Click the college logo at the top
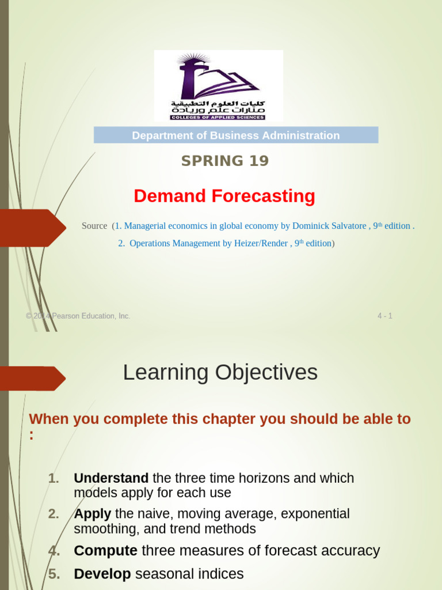218,85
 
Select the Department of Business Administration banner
236,135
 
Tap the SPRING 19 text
225,161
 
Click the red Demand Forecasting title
224,196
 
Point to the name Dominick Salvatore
331,226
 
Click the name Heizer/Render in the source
261,244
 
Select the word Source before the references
94,226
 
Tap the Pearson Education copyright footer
78,316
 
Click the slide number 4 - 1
384,316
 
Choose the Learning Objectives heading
220,373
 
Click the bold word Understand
111,478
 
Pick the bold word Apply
93,513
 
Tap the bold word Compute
105,551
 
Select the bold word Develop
102,574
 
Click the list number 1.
54,478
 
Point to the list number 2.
54,513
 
